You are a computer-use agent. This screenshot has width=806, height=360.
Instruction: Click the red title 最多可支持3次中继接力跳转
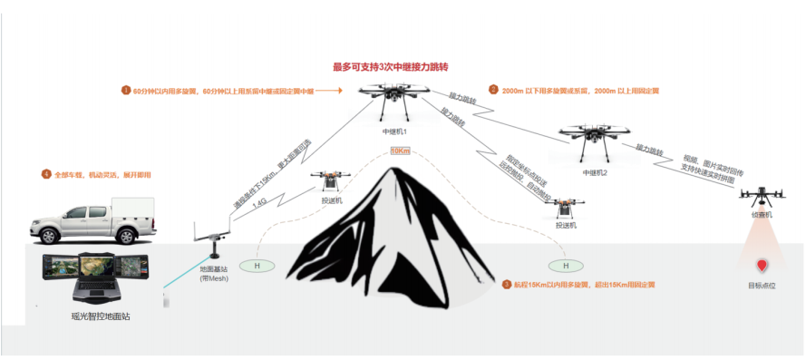click(x=392, y=67)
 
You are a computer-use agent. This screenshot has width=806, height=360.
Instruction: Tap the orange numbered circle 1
click(x=126, y=91)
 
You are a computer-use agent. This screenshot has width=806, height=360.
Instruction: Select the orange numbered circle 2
click(x=493, y=90)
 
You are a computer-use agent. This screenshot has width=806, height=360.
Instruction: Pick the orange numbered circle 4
click(x=45, y=174)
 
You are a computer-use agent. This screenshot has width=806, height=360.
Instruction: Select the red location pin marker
click(x=762, y=266)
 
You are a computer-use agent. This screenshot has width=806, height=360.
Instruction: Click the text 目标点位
click(x=762, y=286)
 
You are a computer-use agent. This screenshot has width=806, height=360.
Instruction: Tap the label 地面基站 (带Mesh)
click(x=213, y=274)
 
